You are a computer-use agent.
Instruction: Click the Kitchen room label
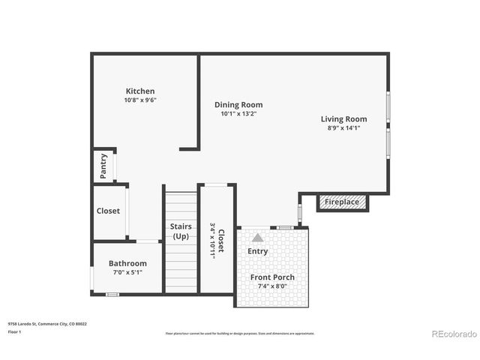click(x=140, y=91)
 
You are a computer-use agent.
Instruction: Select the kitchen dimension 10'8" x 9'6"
click(x=140, y=100)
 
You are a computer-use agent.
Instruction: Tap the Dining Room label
click(x=238, y=105)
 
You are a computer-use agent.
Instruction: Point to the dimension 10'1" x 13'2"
click(x=238, y=114)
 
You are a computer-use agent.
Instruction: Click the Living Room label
click(x=343, y=119)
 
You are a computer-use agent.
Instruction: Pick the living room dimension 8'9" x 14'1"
click(x=343, y=128)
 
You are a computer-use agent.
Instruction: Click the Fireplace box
click(x=341, y=202)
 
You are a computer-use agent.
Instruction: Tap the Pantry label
click(x=103, y=166)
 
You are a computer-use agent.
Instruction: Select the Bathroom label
click(x=127, y=264)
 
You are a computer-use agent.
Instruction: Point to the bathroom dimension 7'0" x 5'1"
click(x=127, y=272)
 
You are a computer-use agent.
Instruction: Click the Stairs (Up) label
click(x=181, y=231)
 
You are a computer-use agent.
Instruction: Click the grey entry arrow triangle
click(x=257, y=237)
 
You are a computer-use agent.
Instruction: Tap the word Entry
click(x=257, y=251)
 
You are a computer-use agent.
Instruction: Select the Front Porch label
click(x=272, y=277)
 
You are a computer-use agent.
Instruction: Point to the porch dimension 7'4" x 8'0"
click(x=272, y=286)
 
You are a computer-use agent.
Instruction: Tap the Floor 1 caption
click(x=14, y=331)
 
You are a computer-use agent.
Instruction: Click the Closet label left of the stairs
click(x=108, y=211)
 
